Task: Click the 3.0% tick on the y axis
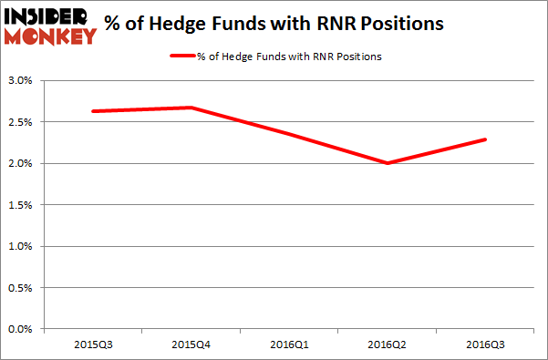click(20, 80)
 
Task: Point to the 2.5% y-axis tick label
click(20, 122)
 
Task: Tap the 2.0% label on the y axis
click(20, 163)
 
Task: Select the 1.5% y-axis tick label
click(20, 205)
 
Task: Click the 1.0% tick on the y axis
click(20, 246)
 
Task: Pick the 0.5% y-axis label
click(20, 288)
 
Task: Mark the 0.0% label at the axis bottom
click(20, 329)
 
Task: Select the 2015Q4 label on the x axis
click(191, 345)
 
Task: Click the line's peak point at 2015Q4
click(191, 108)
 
